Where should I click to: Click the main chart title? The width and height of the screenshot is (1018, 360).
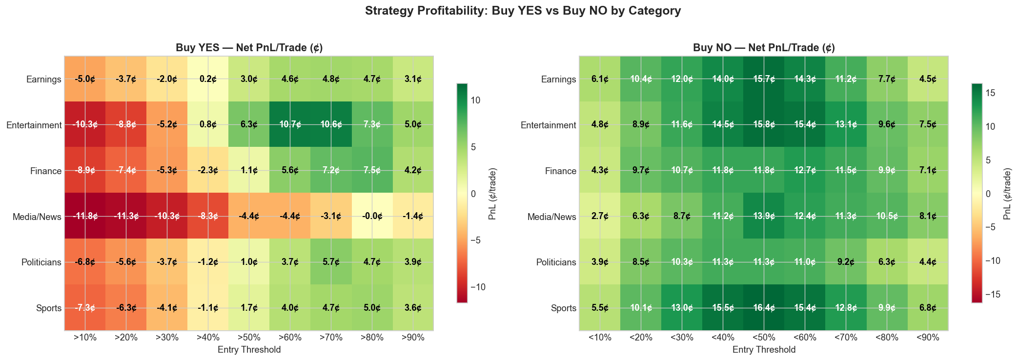coord(509,11)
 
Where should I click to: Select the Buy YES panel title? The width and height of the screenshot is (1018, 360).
coord(249,48)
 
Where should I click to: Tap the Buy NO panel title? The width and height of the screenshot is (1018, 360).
coord(764,48)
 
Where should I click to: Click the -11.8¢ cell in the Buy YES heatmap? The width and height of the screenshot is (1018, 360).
coord(85,217)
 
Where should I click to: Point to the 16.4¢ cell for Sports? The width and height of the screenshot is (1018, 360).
coord(764,308)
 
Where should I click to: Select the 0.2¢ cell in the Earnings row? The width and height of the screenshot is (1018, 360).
coord(208,80)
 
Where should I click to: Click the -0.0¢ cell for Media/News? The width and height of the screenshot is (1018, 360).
coord(372,217)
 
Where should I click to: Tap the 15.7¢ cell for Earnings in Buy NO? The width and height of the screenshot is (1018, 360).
coord(764,80)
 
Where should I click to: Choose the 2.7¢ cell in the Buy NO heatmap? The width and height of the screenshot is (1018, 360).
coord(600,217)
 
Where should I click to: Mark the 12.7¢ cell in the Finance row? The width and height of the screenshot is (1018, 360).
coord(805,171)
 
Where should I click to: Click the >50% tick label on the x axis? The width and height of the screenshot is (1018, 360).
coord(249,338)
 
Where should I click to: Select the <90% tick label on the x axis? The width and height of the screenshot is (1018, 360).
coord(928,338)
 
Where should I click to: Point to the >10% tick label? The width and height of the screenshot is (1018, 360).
coord(85,338)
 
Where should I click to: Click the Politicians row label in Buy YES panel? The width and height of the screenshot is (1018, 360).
coord(41,262)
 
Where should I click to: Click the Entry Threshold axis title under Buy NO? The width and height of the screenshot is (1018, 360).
coord(764,350)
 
